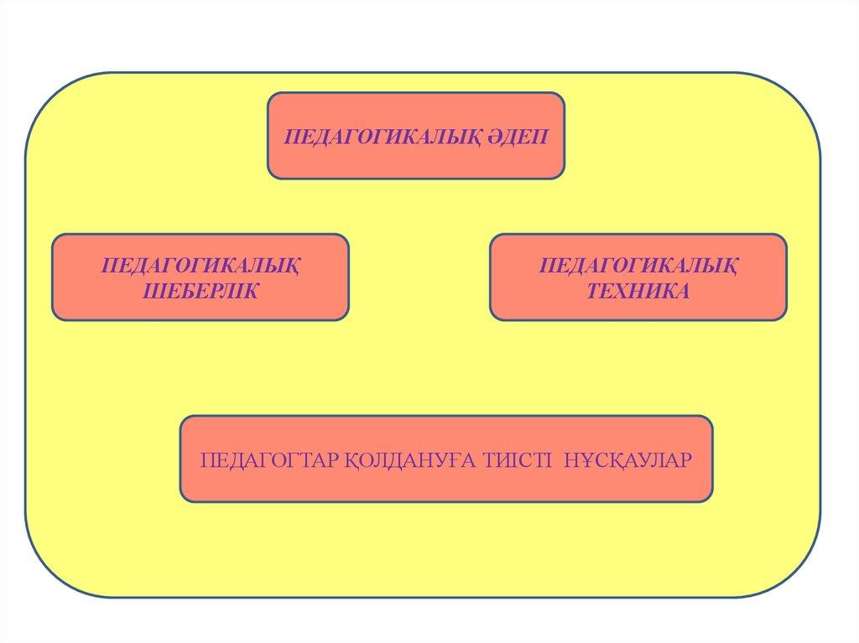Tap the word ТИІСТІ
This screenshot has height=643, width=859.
tap(518, 461)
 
